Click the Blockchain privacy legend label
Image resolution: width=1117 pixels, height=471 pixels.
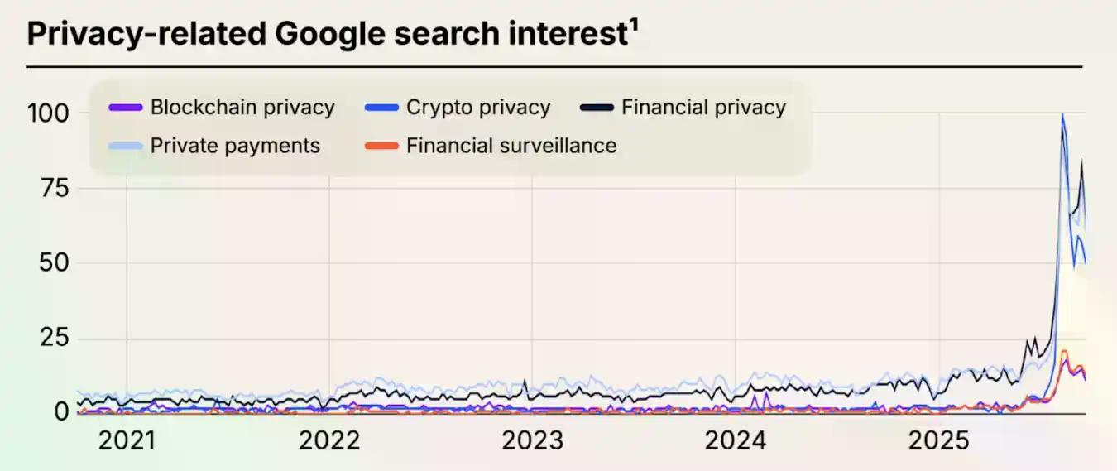pos(242,108)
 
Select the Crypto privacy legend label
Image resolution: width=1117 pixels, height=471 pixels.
pos(478,108)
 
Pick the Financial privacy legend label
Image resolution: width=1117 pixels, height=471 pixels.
pos(703,108)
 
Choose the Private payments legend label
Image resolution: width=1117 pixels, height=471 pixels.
pos(235,146)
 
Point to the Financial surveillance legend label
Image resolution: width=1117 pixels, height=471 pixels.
pos(511,146)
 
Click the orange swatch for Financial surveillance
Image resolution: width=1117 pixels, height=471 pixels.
pos(381,147)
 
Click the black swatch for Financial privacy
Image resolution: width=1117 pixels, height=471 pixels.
pos(597,108)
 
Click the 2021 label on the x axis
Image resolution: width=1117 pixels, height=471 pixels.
pos(127,440)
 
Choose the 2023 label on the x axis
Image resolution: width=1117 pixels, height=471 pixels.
pos(532,440)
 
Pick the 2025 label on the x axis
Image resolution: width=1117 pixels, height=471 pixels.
pos(938,440)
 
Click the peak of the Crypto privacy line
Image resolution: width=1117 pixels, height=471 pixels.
pos(1062,114)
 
